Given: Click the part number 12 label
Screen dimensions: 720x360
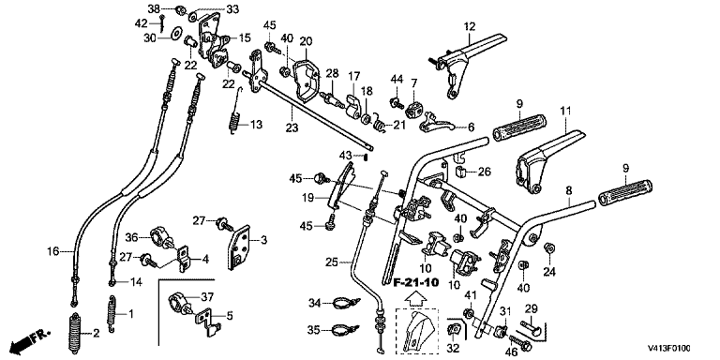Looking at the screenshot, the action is click(470, 26).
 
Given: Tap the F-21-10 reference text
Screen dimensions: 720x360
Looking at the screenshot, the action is click(416, 281).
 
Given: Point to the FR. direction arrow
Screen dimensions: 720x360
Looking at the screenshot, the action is click(30, 339).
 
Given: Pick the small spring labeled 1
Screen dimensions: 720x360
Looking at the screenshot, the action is click(111, 314).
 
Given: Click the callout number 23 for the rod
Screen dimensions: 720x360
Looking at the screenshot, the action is click(292, 128).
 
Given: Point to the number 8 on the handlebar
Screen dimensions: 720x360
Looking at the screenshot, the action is click(568, 189).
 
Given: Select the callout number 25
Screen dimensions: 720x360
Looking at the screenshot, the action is click(332, 262).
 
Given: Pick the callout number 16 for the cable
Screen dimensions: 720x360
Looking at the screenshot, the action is click(53, 250).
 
